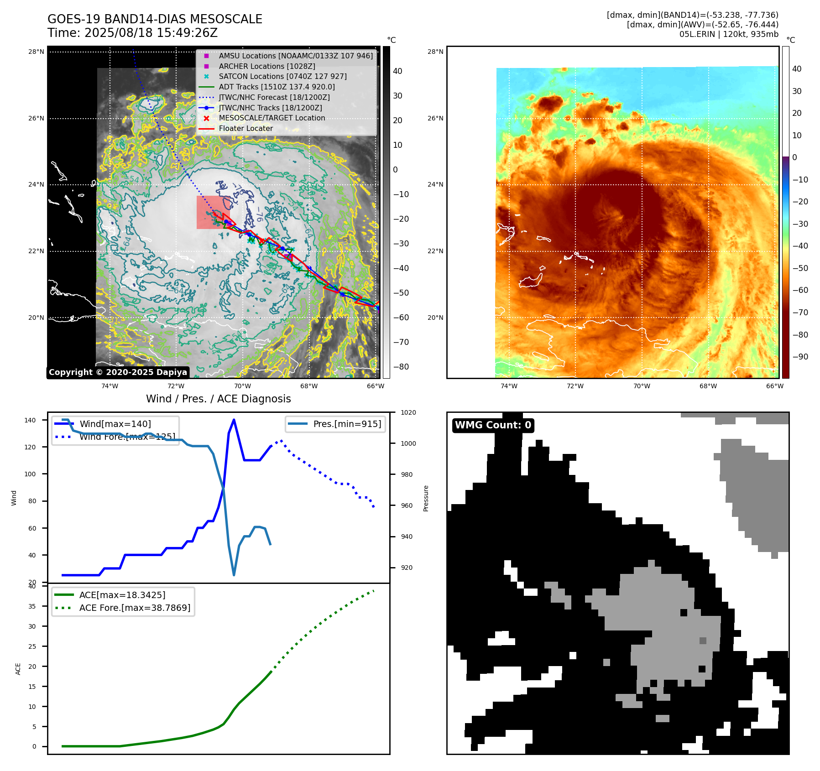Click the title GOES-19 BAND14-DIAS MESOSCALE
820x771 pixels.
point(155,19)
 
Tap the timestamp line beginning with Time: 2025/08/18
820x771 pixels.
point(132,33)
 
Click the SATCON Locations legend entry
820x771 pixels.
point(282,76)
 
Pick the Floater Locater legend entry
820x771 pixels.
point(245,128)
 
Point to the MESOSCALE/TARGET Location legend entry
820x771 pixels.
point(272,118)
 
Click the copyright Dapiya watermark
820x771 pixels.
point(118,372)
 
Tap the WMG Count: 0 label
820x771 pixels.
point(493,425)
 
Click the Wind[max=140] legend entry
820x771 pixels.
point(115,424)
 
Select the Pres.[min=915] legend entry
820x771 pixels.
point(347,424)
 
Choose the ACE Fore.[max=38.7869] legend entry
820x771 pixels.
point(135,608)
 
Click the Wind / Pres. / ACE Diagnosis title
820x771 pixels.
point(218,399)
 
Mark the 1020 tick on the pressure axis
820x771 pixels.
point(408,412)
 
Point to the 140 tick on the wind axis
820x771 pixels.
point(30,420)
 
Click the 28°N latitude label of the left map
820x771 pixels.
point(36,52)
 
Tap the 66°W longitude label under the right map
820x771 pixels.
point(774,386)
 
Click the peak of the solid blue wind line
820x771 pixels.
point(234,420)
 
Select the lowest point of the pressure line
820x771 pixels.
point(234,575)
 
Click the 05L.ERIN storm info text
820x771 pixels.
point(729,34)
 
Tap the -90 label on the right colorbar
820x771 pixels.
point(800,357)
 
